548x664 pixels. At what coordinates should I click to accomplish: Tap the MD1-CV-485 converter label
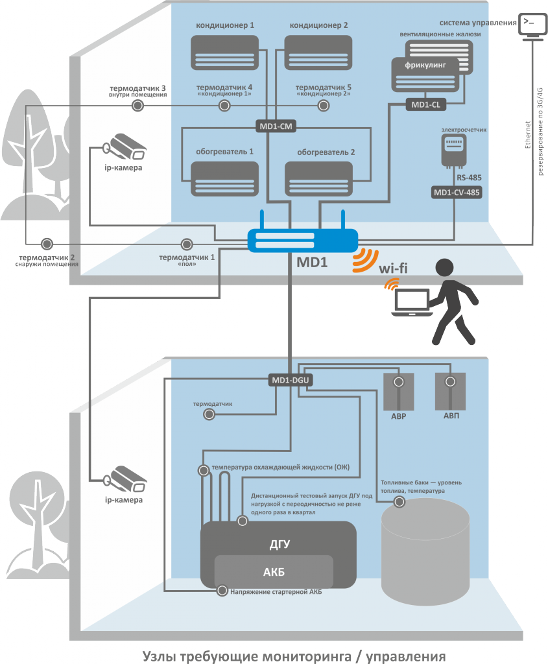point(457,193)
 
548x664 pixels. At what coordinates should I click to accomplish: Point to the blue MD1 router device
point(302,241)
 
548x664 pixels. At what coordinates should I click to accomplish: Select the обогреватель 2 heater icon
point(318,179)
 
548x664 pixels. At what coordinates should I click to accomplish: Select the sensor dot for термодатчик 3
point(137,106)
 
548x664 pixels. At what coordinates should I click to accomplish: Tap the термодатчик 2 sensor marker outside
point(46,244)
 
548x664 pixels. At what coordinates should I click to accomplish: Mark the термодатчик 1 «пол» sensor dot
point(187,244)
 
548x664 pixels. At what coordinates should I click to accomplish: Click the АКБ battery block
point(274,571)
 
